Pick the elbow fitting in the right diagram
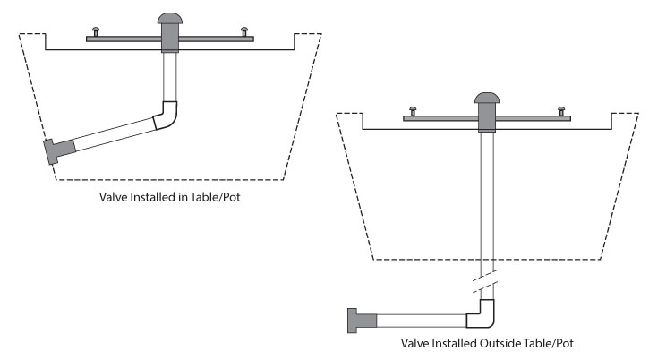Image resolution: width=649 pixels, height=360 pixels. (482, 314)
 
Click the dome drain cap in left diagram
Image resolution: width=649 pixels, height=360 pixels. (168, 19)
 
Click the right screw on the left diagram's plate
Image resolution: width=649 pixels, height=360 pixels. (243, 31)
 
